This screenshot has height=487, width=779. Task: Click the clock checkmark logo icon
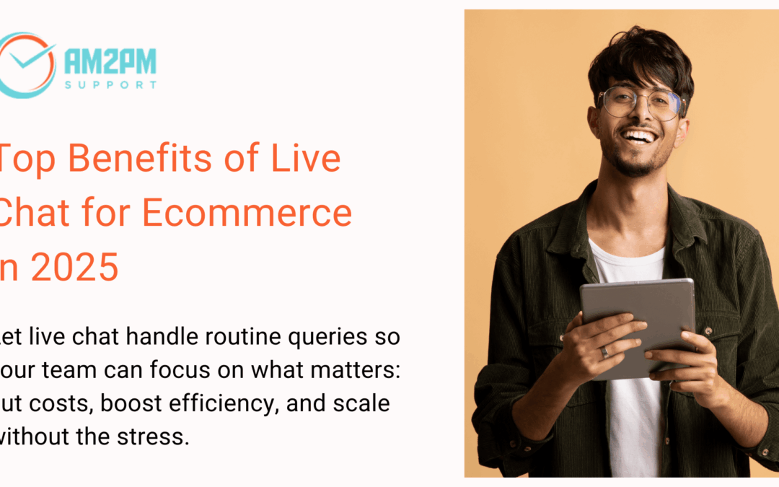point(27,65)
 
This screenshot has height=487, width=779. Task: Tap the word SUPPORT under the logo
point(110,84)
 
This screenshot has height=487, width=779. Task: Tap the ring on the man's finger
point(605,352)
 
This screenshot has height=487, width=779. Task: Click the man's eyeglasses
point(638,103)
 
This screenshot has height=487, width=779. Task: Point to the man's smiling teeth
point(638,136)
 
